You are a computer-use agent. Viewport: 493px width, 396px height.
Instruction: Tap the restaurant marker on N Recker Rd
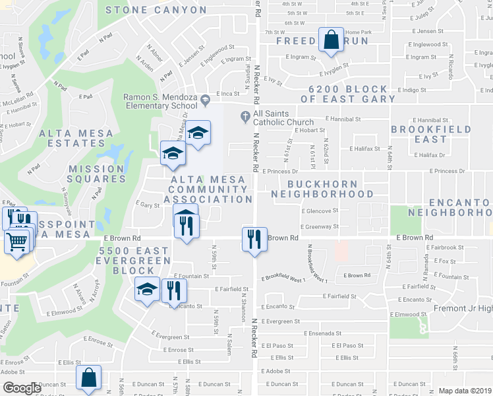pyautogui.click(x=254, y=238)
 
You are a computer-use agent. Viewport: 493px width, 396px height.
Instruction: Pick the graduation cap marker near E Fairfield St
pyautogui.click(x=148, y=289)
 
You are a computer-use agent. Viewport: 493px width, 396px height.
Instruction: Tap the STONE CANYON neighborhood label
pyautogui.click(x=156, y=10)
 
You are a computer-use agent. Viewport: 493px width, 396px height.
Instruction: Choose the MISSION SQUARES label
pyautogui.click(x=97, y=174)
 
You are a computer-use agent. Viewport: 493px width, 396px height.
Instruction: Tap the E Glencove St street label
pyautogui.click(x=320, y=211)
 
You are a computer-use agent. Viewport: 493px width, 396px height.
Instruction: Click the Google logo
pyautogui.click(x=21, y=389)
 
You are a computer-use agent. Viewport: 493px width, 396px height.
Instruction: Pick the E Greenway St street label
pyautogui.click(x=320, y=226)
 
